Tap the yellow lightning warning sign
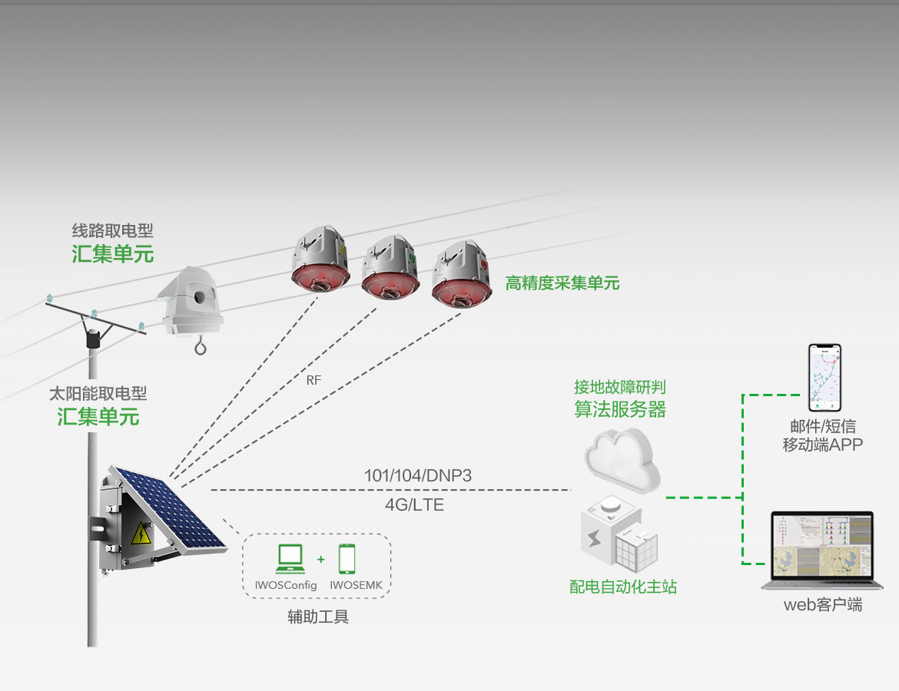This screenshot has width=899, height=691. coord(141,534)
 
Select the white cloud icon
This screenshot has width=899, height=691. coord(622,458)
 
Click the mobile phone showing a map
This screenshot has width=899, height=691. coord(824,378)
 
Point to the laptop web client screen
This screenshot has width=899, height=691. coord(823,547)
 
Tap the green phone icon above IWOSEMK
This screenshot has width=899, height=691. coord(347,559)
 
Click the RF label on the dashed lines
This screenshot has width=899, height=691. coord(313,380)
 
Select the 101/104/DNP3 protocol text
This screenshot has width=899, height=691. coord(418,475)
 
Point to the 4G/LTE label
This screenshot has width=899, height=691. coord(414,504)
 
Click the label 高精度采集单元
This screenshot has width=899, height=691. coord(562,283)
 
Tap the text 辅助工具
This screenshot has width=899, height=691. coord(318,617)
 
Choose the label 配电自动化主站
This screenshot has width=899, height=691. coord(623,587)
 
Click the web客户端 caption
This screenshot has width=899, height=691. coord(823,604)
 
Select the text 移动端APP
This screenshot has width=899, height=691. coord(823,445)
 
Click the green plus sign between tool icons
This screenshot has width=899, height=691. coord(321,559)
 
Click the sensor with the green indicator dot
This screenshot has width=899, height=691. coord(390,268)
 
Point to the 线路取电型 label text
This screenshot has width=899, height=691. coord(112,231)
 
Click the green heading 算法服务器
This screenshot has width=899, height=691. coord(620,409)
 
